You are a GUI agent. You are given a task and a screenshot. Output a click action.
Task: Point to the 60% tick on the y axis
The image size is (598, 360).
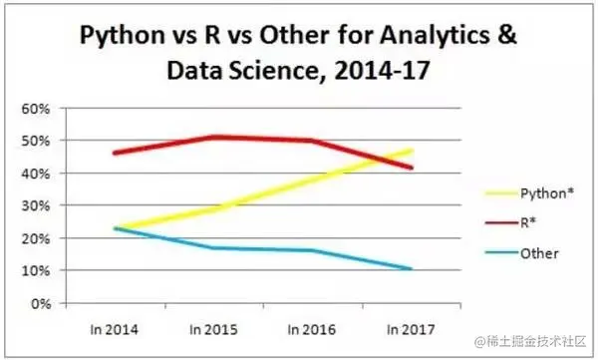point(38,108)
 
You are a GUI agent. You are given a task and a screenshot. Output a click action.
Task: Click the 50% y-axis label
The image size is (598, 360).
point(38,141)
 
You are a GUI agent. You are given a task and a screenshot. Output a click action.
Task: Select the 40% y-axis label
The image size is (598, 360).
point(38,174)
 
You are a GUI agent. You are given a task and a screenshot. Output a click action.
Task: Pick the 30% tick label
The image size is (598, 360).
point(38,205)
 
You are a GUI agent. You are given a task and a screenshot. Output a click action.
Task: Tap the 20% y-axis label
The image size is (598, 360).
point(38,238)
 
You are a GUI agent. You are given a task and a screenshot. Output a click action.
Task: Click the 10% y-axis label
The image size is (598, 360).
point(38,270)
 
